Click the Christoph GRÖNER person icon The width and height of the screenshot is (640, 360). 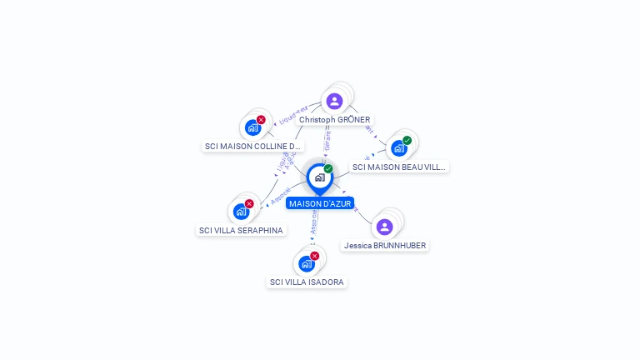[x=334, y=101]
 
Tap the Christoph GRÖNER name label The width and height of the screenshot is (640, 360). [x=334, y=120]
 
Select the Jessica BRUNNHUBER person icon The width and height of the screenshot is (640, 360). [x=384, y=227]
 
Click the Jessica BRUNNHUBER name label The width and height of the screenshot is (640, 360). [x=385, y=246]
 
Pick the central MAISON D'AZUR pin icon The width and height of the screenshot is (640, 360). [x=319, y=177]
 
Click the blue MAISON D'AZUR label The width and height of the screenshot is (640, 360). [x=320, y=202]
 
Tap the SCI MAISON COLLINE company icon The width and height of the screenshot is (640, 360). [x=252, y=128]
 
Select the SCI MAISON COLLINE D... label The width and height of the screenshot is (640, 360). [x=252, y=147]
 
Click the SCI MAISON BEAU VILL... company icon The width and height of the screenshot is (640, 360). [x=399, y=148]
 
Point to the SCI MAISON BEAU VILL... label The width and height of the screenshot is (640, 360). [x=399, y=167]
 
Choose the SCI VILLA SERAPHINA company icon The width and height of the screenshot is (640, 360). [x=241, y=212]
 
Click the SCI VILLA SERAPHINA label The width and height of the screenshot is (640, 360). [x=241, y=230]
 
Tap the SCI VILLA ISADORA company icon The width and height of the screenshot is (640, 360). [x=306, y=263]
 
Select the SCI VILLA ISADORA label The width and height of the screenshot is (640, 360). [x=307, y=282]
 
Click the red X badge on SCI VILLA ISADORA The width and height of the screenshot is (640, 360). [x=314, y=256]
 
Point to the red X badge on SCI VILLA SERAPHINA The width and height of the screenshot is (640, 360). [x=249, y=203]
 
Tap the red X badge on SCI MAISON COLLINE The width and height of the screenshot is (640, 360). [x=261, y=120]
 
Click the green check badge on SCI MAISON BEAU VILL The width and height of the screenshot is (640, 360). [x=407, y=141]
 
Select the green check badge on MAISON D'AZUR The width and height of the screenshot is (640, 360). [x=328, y=168]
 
